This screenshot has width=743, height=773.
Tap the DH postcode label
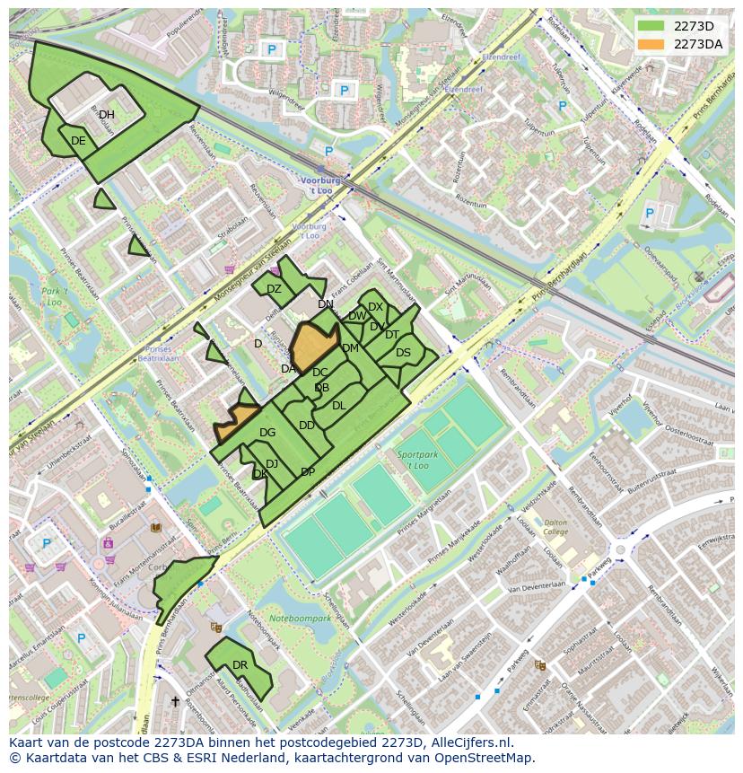pos(107,115)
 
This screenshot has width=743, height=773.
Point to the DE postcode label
pos(78,141)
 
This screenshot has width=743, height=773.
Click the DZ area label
pos(274,289)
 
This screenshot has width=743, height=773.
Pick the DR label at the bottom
pos(240,665)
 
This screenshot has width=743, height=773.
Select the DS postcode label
pos(403,353)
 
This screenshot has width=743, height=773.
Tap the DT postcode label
pos(392,335)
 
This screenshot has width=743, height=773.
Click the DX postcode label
pos(375,307)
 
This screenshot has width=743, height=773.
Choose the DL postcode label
pos(338,406)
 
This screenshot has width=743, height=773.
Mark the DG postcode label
pos(267,433)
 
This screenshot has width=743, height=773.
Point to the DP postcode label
pos(308,472)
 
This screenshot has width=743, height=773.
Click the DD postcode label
pos(306,426)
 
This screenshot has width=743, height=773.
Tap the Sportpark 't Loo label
pos(413,461)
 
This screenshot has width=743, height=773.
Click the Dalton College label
pos(556,527)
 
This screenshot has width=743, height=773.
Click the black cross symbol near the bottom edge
pos(175,701)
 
